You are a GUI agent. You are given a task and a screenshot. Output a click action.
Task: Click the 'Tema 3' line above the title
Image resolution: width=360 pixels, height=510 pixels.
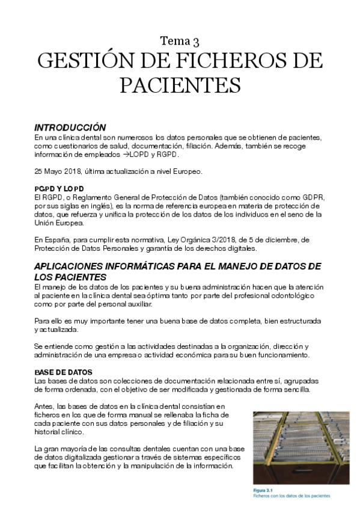[180, 41]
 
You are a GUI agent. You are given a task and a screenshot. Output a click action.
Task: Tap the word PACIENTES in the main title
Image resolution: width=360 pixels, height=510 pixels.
[180, 85]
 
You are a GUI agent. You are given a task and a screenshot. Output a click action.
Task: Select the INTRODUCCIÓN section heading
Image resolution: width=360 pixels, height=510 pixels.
[70, 127]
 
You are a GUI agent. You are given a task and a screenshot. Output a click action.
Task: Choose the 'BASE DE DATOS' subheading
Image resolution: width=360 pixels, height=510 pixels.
[63, 372]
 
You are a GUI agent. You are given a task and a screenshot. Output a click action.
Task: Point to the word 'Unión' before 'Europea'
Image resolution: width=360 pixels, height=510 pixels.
[44, 223]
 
